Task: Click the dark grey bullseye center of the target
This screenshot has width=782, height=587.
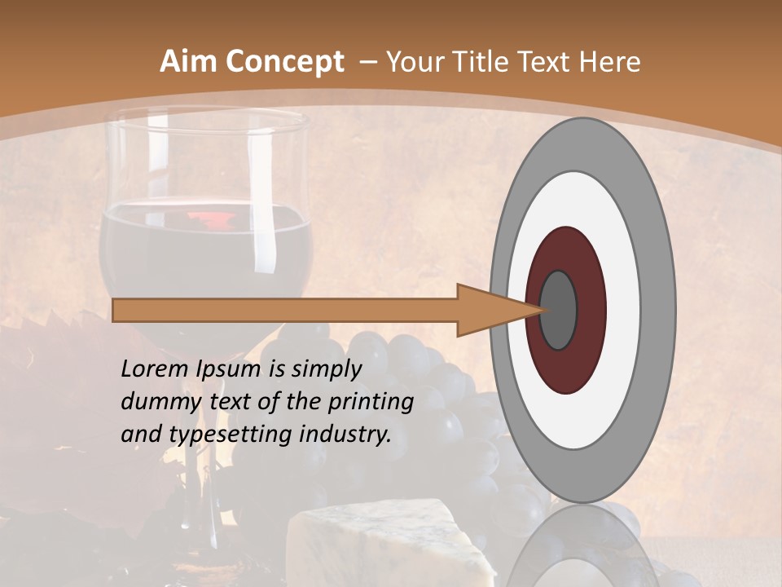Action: point(559,310)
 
